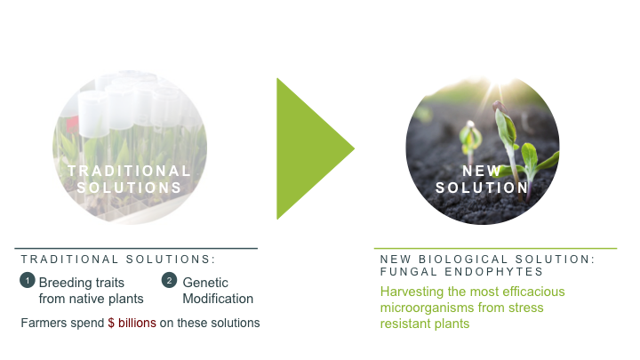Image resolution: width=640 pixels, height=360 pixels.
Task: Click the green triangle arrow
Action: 306,148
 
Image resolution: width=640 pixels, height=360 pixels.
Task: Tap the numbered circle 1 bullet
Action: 28,280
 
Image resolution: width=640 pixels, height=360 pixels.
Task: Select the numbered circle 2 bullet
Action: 169,280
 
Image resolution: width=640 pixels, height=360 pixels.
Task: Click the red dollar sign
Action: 111,323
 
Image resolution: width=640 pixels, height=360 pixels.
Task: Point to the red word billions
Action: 137,323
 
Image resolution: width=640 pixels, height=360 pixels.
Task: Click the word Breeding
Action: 65,283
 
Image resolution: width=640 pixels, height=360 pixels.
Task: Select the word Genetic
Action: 205,283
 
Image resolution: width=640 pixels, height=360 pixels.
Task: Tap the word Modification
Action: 218,299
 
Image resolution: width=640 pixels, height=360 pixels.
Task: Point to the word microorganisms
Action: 428,308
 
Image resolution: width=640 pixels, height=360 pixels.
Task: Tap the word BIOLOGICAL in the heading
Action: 463,260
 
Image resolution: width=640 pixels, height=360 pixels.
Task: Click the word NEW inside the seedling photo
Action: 481,171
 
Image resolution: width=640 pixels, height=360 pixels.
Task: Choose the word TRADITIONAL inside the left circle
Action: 130,171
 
